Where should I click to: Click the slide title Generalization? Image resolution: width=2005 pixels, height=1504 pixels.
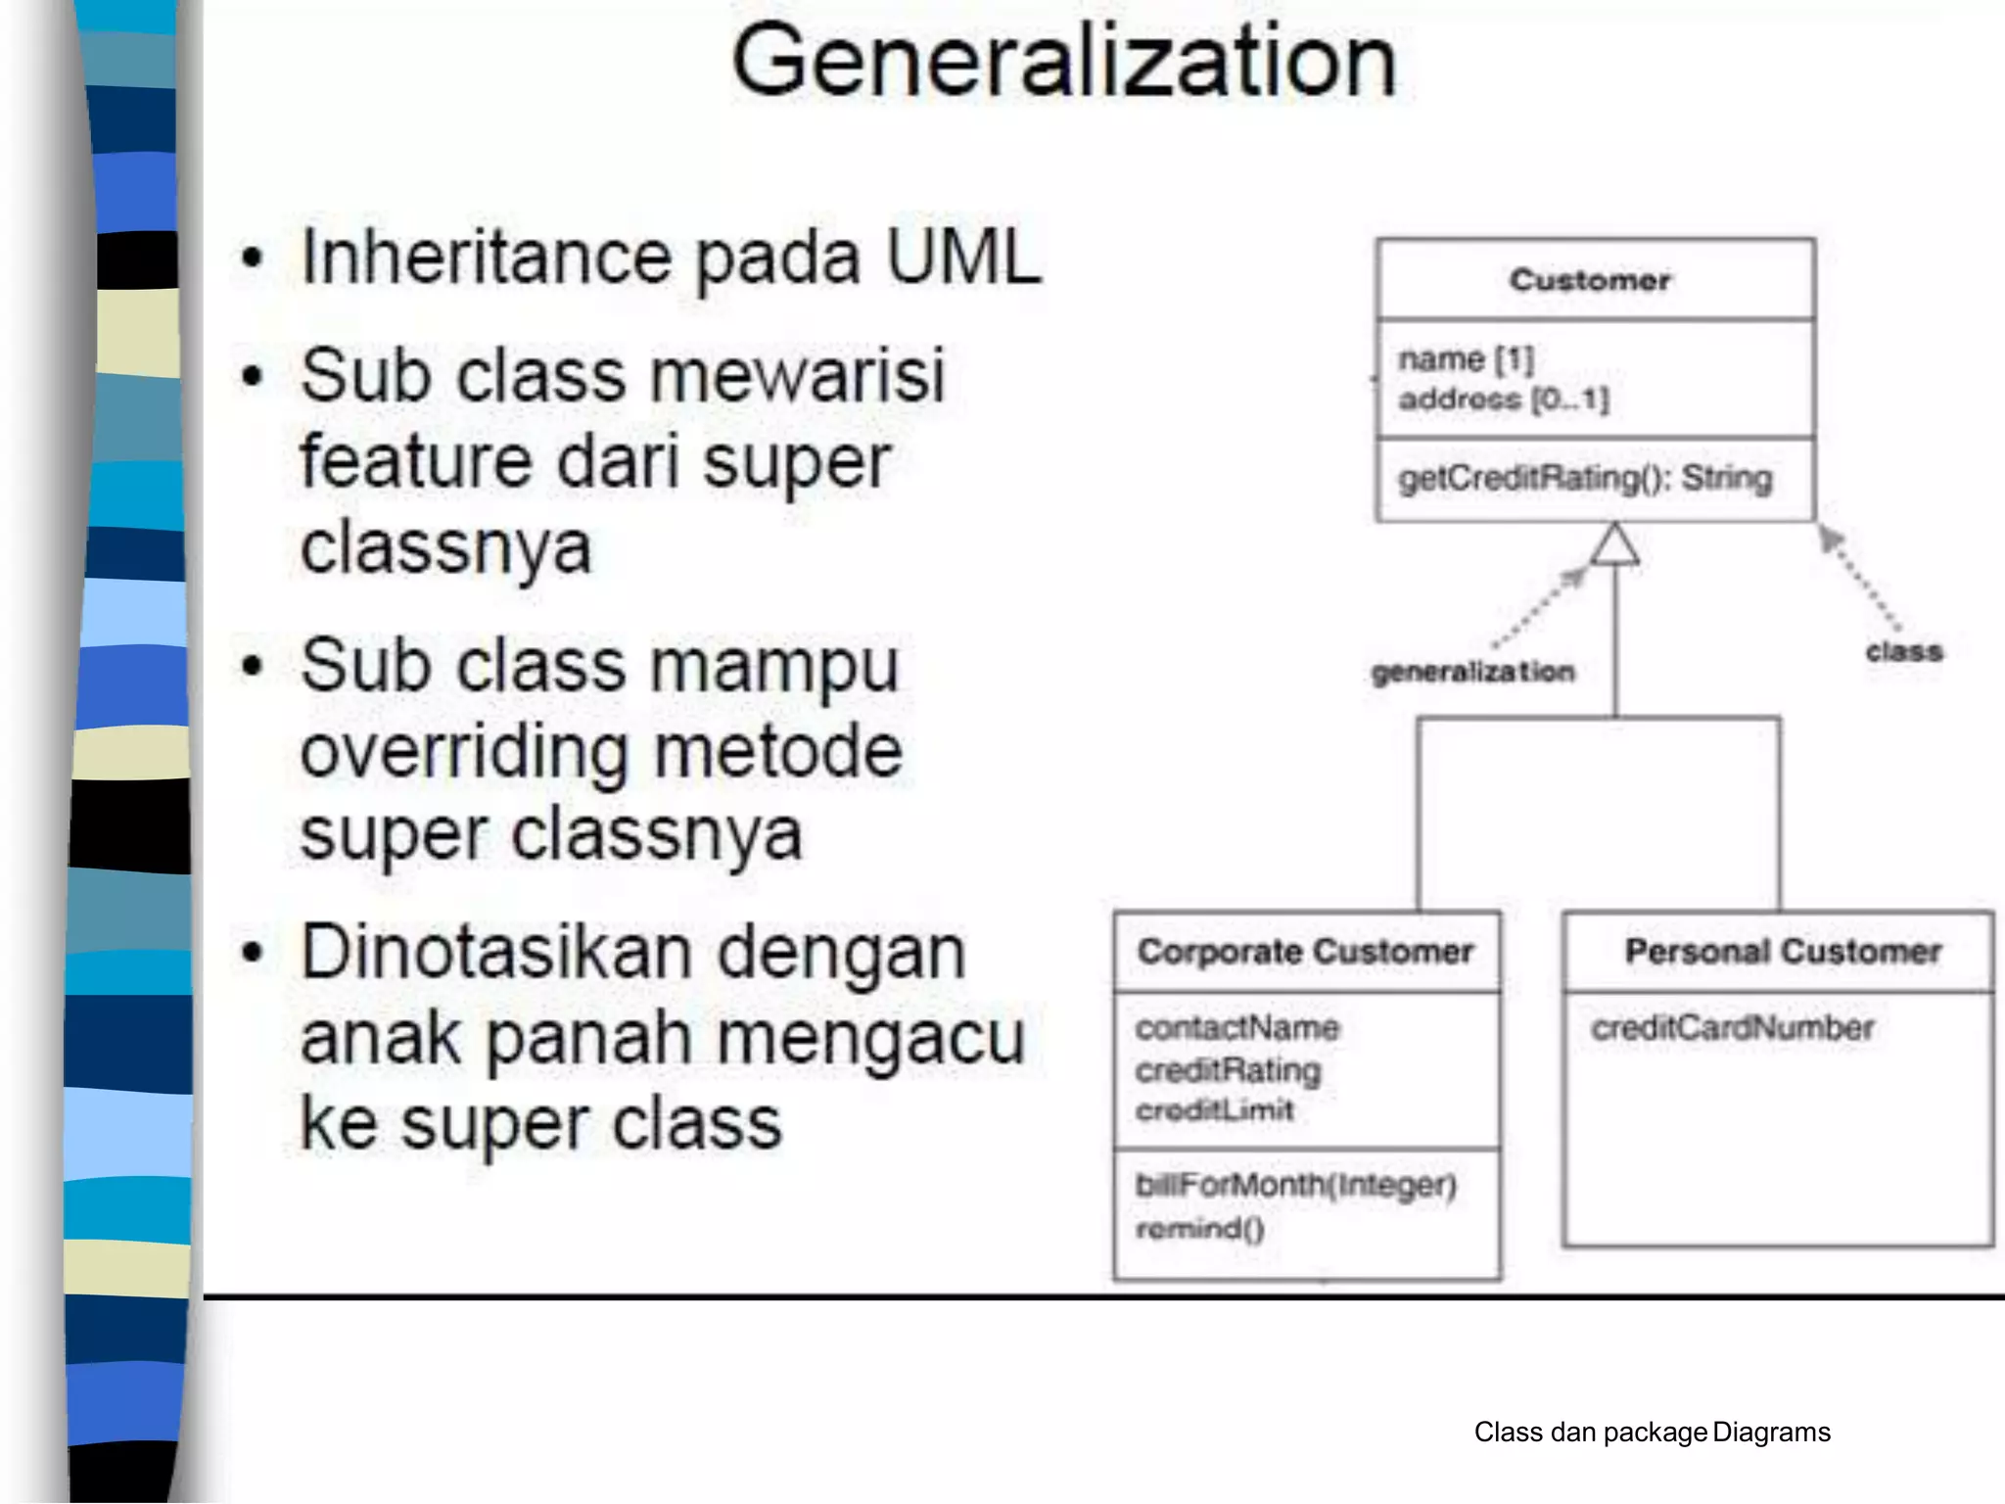pyautogui.click(x=1064, y=62)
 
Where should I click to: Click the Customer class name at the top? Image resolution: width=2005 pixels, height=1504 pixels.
pyautogui.click(x=1590, y=280)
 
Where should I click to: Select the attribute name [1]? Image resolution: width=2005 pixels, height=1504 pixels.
pyautogui.click(x=1466, y=359)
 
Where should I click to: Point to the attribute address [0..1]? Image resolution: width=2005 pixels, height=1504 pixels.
pyautogui.click(x=1503, y=399)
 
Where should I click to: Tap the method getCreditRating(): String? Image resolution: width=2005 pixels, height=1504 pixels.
pyautogui.click(x=1585, y=478)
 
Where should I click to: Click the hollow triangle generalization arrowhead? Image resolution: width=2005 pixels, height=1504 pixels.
pyautogui.click(x=1614, y=545)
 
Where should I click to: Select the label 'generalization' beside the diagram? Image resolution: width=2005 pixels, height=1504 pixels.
pyautogui.click(x=1473, y=672)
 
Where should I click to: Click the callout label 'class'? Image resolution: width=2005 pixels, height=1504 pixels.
pyautogui.click(x=1903, y=651)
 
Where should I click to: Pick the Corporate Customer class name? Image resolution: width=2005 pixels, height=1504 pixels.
pyautogui.click(x=1305, y=951)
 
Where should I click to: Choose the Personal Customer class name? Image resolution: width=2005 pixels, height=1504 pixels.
pyautogui.click(x=1783, y=951)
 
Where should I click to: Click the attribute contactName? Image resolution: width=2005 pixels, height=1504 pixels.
pyautogui.click(x=1237, y=1027)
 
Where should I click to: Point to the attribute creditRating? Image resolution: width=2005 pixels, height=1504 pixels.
pyautogui.click(x=1228, y=1069)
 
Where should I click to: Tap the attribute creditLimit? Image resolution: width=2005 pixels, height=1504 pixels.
pyautogui.click(x=1214, y=1110)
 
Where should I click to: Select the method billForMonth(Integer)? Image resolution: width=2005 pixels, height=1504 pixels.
pyautogui.click(x=1295, y=1185)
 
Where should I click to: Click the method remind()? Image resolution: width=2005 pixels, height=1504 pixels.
pyautogui.click(x=1200, y=1228)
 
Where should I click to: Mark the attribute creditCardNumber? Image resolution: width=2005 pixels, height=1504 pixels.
pyautogui.click(x=1732, y=1027)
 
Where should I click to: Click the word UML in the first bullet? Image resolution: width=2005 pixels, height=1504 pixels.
pyautogui.click(x=962, y=257)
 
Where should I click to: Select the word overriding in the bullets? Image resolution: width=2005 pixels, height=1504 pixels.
pyautogui.click(x=462, y=751)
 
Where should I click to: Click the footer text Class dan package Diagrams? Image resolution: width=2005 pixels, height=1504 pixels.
pyautogui.click(x=1652, y=1433)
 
